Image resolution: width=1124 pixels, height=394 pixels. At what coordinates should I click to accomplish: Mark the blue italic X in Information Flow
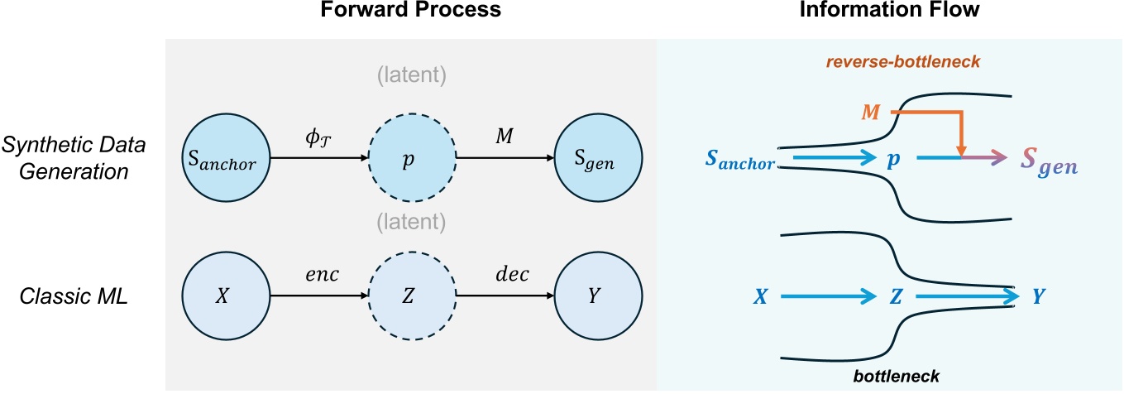(762, 296)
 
